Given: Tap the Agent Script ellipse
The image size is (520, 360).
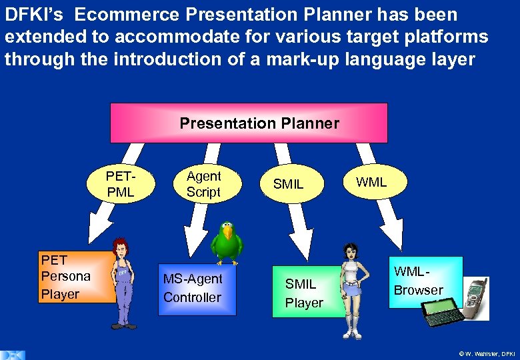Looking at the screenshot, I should pos(203,185).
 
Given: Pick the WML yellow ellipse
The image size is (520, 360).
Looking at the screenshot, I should pos(371,182).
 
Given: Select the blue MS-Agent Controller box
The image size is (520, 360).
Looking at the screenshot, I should pos(193,289).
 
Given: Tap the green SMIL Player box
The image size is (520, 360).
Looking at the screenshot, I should pos(305,293).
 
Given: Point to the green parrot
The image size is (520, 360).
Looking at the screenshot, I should pos(229,243).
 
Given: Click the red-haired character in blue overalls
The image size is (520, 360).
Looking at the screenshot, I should pos(122,283).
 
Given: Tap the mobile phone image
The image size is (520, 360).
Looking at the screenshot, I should pos(471,299).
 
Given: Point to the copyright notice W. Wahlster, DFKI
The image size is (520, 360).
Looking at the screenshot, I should pos(487,353).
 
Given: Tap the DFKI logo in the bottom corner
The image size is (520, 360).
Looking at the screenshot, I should pos(13,354).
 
